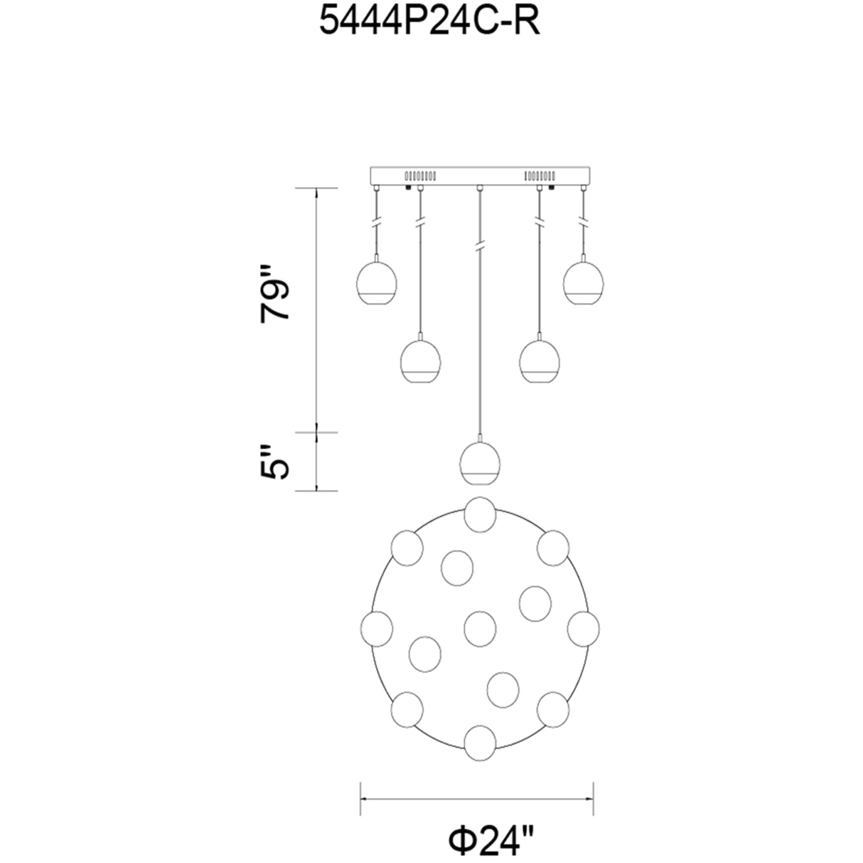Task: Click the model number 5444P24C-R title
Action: pyautogui.click(x=430, y=23)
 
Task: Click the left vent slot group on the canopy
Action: pyautogui.click(x=420, y=176)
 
